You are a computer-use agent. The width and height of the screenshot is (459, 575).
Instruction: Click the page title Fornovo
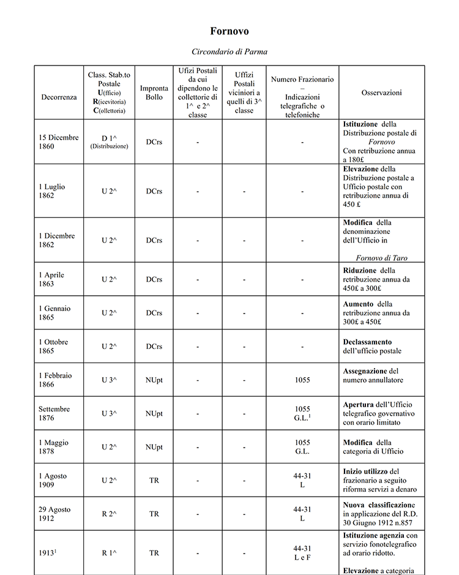[x=229, y=31]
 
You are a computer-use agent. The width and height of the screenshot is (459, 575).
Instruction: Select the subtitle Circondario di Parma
[x=229, y=51]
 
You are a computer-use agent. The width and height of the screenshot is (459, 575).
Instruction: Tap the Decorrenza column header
[x=59, y=97]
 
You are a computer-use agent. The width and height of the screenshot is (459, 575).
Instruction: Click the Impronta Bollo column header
[x=154, y=92]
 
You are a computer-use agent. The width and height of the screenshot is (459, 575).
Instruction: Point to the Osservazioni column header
[x=381, y=92]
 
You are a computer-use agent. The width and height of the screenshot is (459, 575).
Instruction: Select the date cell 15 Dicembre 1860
[x=59, y=142]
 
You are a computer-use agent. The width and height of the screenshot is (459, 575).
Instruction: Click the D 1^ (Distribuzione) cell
[x=109, y=142]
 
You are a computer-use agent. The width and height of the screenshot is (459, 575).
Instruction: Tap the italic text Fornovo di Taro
[x=381, y=258]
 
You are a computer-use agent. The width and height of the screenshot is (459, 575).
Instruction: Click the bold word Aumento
[x=359, y=304]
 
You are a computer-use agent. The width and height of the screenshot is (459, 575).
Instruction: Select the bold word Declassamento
[x=367, y=342]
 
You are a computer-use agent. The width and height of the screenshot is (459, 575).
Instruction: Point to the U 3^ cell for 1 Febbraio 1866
[x=109, y=380]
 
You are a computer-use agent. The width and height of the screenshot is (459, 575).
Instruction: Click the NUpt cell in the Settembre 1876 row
[x=154, y=413]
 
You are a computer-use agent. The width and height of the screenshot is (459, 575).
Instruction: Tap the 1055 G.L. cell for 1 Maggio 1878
[x=302, y=446]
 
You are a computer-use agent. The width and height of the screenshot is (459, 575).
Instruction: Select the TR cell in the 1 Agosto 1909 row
[x=154, y=480]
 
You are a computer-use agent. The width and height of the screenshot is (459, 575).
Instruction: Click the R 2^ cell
[x=109, y=514]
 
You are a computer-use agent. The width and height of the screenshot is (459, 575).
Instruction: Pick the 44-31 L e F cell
[x=302, y=552]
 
